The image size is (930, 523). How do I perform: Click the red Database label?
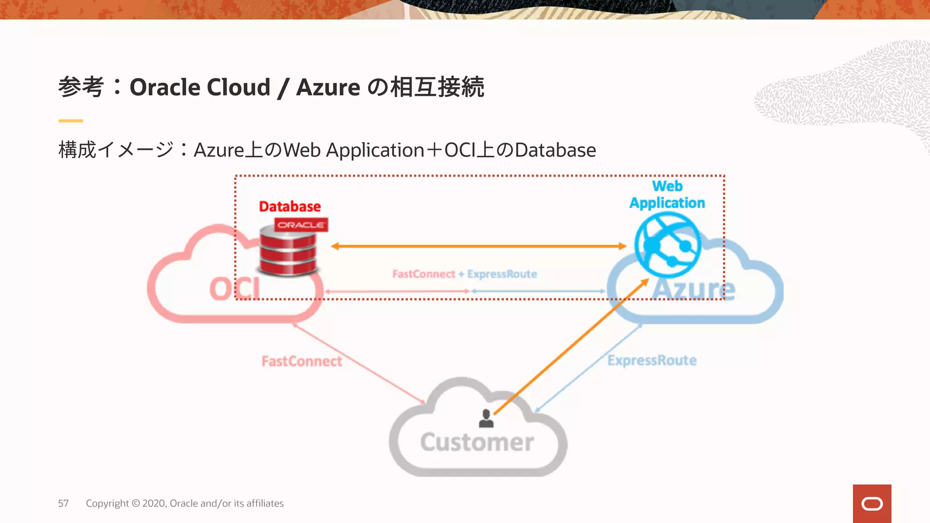tap(290, 207)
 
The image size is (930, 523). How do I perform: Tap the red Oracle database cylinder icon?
tap(288, 252)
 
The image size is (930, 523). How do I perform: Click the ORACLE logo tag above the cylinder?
tap(301, 225)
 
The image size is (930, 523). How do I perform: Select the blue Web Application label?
tap(667, 195)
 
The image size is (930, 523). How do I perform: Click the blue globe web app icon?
tap(667, 245)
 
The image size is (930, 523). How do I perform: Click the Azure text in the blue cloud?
tap(693, 289)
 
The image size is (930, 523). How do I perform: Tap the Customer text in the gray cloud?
tap(477, 442)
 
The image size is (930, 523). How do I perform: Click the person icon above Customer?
tap(486, 419)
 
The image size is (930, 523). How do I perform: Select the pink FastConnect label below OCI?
tap(302, 361)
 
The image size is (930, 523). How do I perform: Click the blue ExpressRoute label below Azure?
tap(652, 360)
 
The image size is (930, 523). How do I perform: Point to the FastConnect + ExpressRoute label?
tap(465, 274)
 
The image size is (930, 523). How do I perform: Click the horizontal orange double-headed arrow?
tap(478, 246)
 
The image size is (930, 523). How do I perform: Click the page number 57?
tap(63, 503)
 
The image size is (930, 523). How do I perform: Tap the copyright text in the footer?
tap(184, 503)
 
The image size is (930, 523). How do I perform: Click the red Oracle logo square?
tap(871, 503)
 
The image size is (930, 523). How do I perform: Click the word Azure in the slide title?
tap(328, 87)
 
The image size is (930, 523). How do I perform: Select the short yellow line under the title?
tap(70, 121)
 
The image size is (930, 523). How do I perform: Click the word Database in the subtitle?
tap(555, 150)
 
